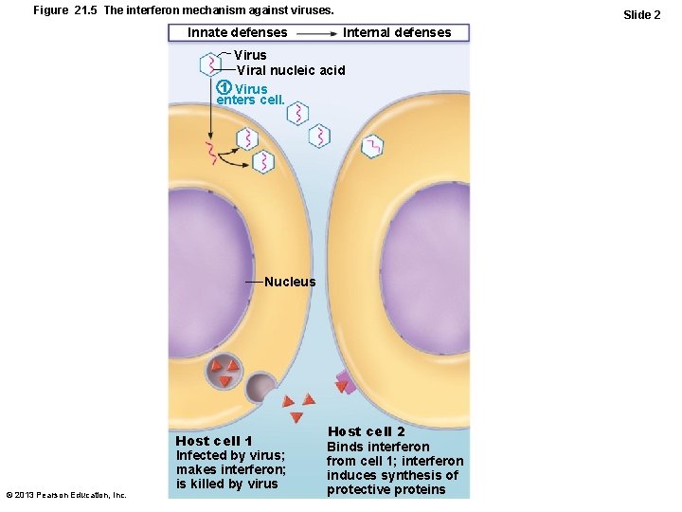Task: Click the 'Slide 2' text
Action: click(641, 14)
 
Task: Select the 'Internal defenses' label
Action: click(397, 32)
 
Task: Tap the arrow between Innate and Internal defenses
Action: click(315, 33)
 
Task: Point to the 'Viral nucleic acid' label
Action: click(291, 70)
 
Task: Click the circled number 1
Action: click(224, 89)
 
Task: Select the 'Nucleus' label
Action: click(290, 282)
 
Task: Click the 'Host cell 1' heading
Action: click(214, 441)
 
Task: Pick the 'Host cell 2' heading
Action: click(367, 431)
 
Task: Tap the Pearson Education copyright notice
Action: click(66, 494)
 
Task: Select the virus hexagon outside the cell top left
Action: click(209, 64)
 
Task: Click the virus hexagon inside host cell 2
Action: click(373, 146)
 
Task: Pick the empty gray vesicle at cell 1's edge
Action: click(260, 387)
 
